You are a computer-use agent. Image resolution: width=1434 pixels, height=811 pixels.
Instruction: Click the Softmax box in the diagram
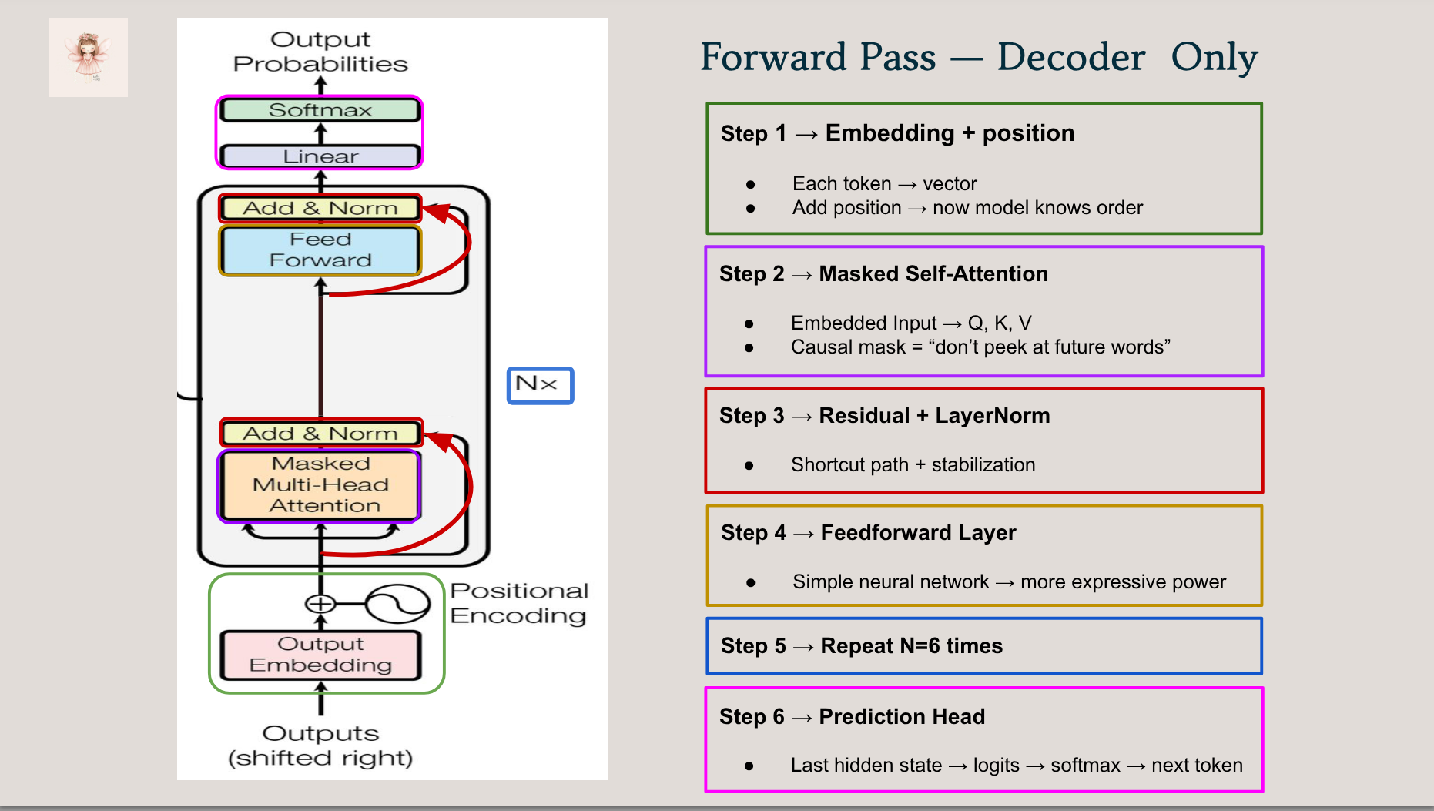click(320, 110)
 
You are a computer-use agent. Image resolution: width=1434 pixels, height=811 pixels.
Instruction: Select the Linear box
click(320, 156)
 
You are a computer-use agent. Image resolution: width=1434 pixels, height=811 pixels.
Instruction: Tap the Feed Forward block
click(320, 250)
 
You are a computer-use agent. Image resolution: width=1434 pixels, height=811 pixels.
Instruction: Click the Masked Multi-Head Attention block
click(320, 485)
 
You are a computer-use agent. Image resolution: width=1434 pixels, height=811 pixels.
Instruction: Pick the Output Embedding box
click(320, 655)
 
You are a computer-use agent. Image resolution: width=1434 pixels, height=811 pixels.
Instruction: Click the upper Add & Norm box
click(320, 208)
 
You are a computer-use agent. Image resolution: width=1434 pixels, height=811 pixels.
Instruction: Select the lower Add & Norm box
click(320, 434)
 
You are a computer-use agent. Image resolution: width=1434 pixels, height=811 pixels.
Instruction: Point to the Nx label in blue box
click(539, 384)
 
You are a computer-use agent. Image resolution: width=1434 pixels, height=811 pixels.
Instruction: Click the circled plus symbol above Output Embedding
click(320, 604)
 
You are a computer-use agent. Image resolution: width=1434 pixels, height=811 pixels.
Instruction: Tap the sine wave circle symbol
click(397, 604)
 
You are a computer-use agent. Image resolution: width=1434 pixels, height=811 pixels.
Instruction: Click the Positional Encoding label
click(518, 603)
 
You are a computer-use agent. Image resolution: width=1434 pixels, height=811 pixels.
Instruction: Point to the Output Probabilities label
click(320, 52)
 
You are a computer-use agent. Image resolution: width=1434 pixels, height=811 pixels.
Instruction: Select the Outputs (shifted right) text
click(320, 746)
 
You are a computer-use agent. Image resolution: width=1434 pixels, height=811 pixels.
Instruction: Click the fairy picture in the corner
click(88, 58)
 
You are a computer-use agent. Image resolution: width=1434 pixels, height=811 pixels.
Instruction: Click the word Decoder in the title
click(1070, 58)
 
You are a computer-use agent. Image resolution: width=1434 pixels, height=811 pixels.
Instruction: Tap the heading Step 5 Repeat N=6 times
click(861, 645)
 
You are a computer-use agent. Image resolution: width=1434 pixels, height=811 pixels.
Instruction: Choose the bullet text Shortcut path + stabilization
click(913, 465)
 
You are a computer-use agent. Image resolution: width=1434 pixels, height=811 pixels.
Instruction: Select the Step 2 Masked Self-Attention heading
click(883, 274)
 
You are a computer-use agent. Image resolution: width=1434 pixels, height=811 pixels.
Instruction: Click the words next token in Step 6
click(1197, 766)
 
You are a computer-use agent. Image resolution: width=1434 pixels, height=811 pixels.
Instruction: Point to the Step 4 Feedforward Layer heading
click(868, 533)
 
